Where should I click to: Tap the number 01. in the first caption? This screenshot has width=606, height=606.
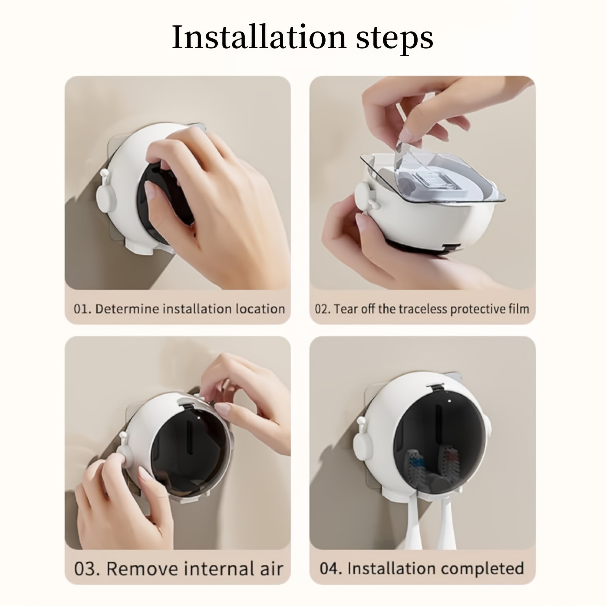pos(82,309)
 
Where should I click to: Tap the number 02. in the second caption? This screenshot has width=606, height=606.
pos(323,309)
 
